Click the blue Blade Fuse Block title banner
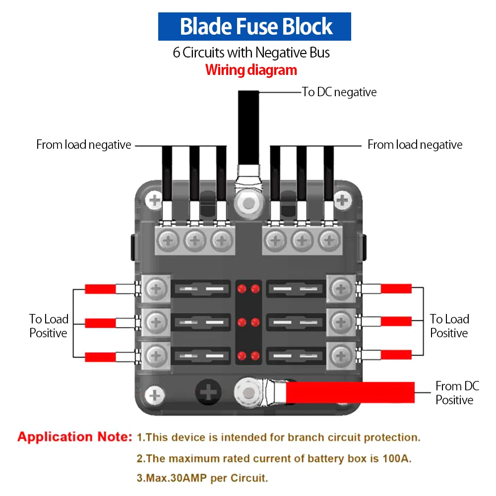pos(254,27)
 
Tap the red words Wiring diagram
pos(251,70)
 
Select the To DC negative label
pos(339,92)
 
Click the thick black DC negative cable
pos(248,128)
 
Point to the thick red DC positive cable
pos(350,392)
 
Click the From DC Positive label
pos(457,393)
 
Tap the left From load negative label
pos(83,144)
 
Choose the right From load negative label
pos(415,144)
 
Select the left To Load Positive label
pos(49,326)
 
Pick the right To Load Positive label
pos(449,326)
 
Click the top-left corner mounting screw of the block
pos(154,200)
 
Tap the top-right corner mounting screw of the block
pos(342,200)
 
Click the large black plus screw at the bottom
pos(208,392)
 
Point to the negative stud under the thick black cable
pos(248,204)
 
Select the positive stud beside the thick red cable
pos(248,393)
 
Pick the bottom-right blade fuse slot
pos(296,356)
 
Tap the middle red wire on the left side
pos(100,323)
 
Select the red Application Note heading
pos(75,437)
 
